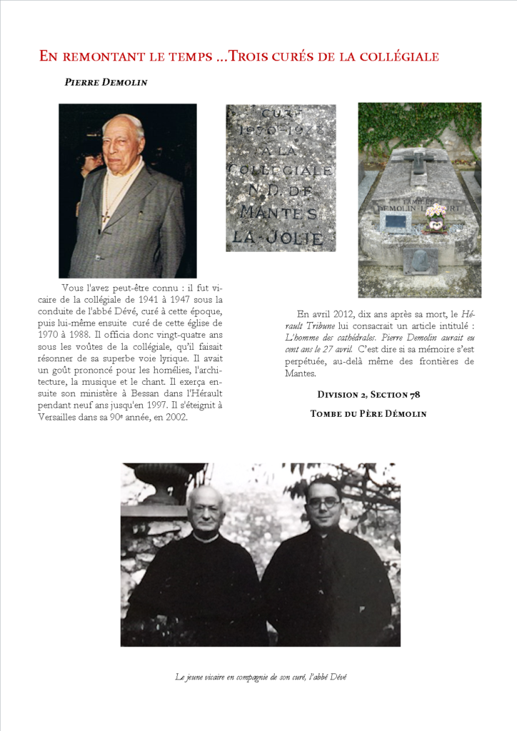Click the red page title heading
pos(239,56)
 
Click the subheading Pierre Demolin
pos(106,82)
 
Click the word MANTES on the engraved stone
pos(280,213)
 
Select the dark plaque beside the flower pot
pos(394,221)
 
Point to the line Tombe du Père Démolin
pos(368,413)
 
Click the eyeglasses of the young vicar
pos(323,503)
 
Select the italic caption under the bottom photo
pos(261,677)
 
